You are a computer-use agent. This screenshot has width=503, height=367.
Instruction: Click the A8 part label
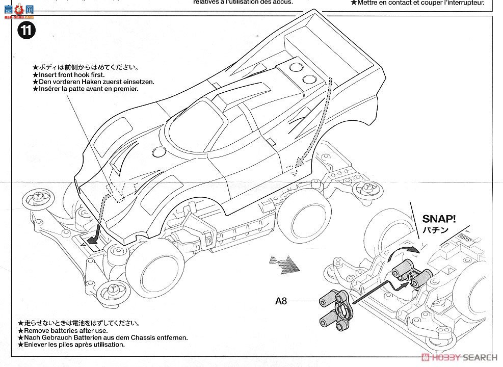coord(281,301)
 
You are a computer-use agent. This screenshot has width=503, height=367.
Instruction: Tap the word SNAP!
coord(439,220)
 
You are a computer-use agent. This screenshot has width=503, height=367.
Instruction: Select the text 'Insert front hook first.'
coord(69,75)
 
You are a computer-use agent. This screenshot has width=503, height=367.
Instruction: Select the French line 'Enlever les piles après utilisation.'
coord(71,345)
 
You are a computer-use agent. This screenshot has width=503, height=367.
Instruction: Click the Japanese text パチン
coord(431,231)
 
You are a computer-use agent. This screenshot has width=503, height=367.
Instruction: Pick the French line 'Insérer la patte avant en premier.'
coord(85,89)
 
